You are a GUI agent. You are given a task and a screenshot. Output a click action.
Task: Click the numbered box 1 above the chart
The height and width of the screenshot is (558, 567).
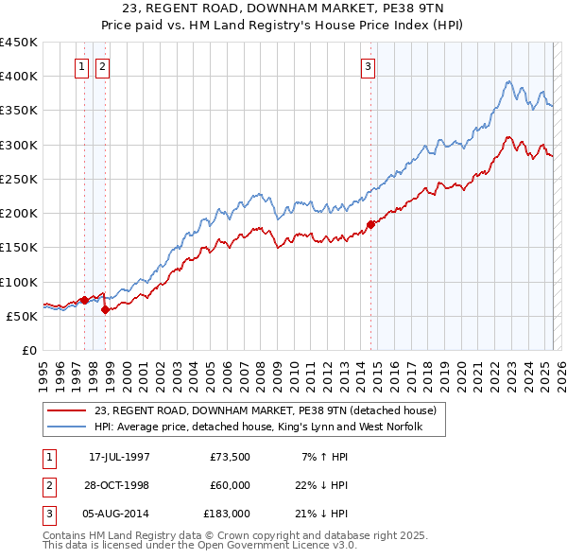(81, 66)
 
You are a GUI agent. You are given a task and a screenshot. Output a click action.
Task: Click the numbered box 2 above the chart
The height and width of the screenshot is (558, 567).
(102, 66)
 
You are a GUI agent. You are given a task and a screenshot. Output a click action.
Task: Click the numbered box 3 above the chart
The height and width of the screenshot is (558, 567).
(368, 66)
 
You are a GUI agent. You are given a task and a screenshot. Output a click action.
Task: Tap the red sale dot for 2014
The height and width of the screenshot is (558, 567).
(370, 225)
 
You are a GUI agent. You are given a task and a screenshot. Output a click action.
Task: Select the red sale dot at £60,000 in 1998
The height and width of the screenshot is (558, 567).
(105, 309)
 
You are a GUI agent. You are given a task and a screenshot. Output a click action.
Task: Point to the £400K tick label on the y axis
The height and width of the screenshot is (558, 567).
(19, 76)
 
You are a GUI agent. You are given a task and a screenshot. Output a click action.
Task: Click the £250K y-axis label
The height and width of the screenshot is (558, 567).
(19, 179)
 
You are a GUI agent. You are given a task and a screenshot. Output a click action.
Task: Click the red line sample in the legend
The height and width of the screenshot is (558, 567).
(69, 411)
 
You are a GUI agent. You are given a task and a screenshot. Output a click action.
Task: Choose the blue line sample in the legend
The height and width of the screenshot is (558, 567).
(69, 427)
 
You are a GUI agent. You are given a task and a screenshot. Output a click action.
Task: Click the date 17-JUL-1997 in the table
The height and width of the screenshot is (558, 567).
(119, 457)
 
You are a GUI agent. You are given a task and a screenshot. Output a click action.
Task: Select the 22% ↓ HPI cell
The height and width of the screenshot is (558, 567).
(322, 485)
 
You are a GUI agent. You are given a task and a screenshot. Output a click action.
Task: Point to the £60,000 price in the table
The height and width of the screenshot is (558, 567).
(230, 485)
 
